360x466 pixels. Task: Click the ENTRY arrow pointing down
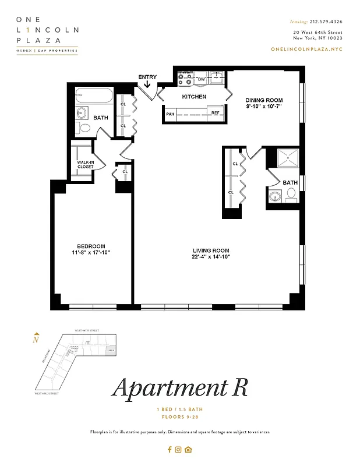coord(147,85)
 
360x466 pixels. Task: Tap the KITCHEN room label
coord(194,97)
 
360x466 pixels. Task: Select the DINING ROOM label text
coord(263,100)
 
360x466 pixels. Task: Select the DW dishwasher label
coord(201,79)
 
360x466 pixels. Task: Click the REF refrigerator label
coord(215,113)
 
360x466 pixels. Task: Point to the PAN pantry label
coord(170,114)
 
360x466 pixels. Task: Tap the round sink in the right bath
coord(275,197)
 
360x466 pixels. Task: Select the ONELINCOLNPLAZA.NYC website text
coord(307,50)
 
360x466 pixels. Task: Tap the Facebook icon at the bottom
coord(170,449)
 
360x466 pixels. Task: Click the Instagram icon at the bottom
coord(179,449)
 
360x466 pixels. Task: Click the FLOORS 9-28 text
coord(179,418)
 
